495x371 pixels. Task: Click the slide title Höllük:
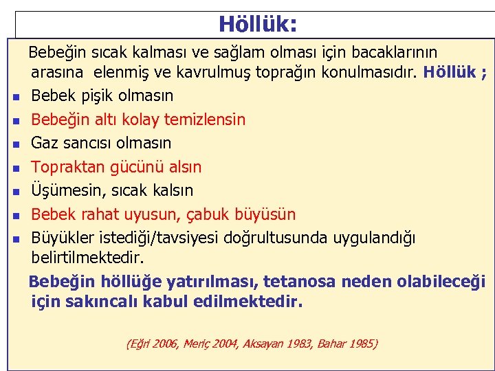(258, 24)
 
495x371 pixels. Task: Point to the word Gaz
(45, 143)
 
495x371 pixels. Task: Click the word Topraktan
(68, 167)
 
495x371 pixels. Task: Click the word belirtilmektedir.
(88, 258)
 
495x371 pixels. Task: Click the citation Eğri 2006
(154, 343)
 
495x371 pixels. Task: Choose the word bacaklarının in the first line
(392, 52)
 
